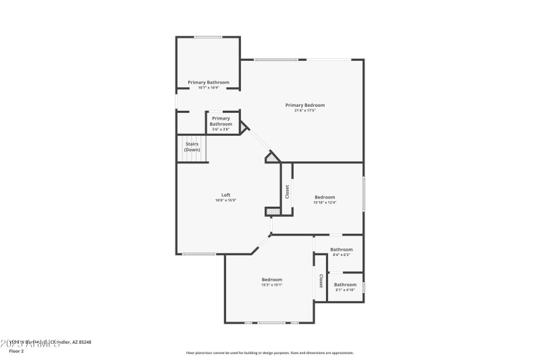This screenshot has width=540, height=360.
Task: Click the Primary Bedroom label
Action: (x=305, y=105)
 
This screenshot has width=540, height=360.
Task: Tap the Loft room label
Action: (x=226, y=195)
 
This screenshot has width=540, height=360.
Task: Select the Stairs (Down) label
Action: (x=192, y=146)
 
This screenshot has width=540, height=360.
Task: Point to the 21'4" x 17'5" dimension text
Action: (x=305, y=111)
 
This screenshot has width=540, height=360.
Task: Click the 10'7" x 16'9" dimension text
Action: (x=208, y=88)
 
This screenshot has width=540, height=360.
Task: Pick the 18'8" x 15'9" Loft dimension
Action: (x=226, y=201)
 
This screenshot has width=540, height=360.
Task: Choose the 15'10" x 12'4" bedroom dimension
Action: (x=325, y=203)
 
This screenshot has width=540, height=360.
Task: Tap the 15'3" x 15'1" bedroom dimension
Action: (x=272, y=284)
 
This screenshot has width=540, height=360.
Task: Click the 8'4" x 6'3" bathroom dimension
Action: (x=342, y=255)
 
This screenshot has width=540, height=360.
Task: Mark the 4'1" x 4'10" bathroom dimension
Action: (x=345, y=290)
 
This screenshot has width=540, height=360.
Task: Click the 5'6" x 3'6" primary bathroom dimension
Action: (x=221, y=129)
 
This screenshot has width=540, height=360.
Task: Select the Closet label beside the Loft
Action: (x=287, y=191)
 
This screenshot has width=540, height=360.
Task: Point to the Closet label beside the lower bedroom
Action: (x=321, y=280)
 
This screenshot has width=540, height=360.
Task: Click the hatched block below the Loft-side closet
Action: (x=272, y=211)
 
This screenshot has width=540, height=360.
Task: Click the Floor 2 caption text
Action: (x=16, y=351)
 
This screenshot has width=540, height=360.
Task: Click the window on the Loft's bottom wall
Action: (x=199, y=254)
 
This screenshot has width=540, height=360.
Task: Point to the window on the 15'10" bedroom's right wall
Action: (x=363, y=195)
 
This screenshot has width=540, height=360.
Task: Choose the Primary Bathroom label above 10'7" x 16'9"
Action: (x=208, y=82)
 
